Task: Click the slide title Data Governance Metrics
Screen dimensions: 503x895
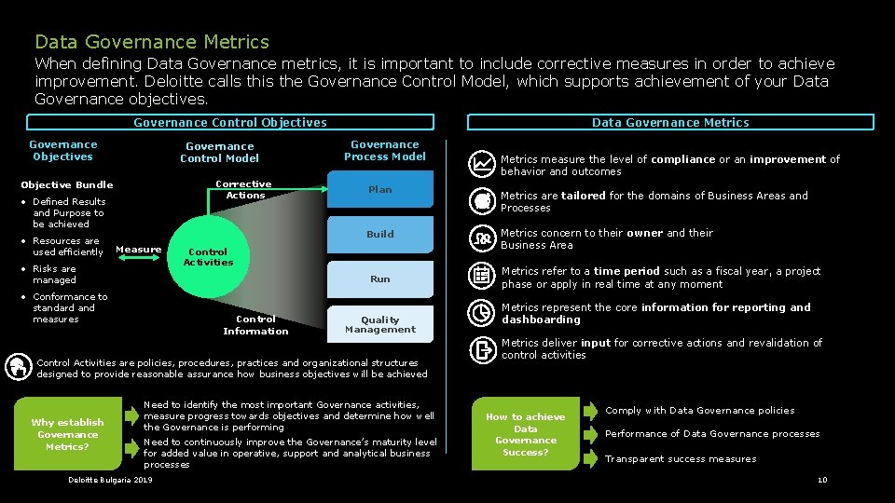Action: (x=152, y=42)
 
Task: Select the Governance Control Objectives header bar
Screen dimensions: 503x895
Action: (x=230, y=122)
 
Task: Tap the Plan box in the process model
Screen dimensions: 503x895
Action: (x=380, y=190)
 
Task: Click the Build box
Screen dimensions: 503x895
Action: (x=380, y=235)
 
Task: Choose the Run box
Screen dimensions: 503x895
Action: (x=380, y=279)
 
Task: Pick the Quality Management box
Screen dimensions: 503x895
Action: (x=380, y=324)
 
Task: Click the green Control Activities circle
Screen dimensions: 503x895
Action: (x=208, y=257)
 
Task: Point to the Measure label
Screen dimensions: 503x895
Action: (x=139, y=249)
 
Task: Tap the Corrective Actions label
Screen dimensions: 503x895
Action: (x=244, y=190)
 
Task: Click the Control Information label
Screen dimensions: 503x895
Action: (x=255, y=325)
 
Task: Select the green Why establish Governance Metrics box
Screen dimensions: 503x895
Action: (x=67, y=434)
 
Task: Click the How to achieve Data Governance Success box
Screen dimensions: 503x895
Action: (x=526, y=434)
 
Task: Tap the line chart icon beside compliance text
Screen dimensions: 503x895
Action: (x=483, y=163)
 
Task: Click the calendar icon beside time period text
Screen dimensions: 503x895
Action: (x=483, y=276)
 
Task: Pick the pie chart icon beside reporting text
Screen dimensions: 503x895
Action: (x=483, y=314)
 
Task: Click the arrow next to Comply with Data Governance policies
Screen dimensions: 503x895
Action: (x=591, y=411)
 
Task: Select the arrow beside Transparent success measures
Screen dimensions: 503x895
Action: (x=591, y=457)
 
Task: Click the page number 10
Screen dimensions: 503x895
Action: (x=821, y=480)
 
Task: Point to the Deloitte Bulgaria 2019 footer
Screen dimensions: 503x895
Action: (x=110, y=480)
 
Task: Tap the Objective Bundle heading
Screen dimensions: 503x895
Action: (x=66, y=184)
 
